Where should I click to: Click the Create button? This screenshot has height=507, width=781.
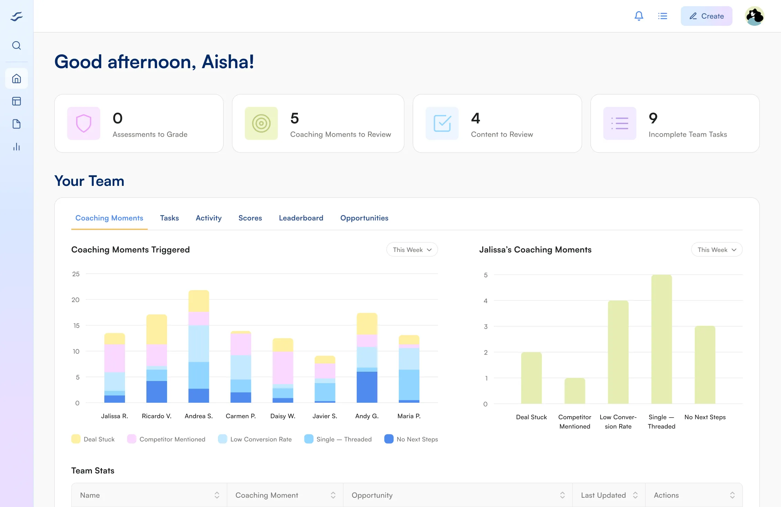(706, 16)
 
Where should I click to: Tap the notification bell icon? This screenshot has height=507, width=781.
(639, 16)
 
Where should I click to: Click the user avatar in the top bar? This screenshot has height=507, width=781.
(754, 16)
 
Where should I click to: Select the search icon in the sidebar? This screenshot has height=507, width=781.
(17, 45)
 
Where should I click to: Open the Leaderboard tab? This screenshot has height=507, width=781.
(301, 218)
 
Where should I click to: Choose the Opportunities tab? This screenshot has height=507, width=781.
(364, 218)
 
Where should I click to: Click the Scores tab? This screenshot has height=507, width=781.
(250, 218)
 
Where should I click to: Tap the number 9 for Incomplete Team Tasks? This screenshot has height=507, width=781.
(653, 118)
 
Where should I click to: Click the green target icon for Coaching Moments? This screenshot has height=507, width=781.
(261, 123)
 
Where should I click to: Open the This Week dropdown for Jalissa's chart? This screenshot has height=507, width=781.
(717, 250)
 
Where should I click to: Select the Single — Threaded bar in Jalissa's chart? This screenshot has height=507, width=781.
(662, 339)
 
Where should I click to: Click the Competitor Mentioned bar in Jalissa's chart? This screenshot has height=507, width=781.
(575, 391)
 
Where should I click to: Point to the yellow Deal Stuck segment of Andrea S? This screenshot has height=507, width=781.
(199, 301)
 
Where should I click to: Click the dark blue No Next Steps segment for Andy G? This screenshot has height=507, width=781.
(367, 387)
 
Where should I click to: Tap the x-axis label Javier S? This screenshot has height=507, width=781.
(325, 416)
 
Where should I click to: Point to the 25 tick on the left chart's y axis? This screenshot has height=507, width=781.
(76, 274)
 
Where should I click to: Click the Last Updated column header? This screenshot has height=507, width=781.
(603, 495)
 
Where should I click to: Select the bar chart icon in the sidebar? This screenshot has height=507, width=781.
(17, 147)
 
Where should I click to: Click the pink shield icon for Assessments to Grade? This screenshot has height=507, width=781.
(84, 123)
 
